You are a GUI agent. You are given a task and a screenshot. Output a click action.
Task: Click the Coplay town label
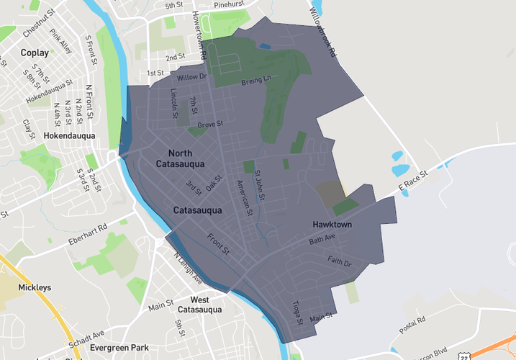(35, 53)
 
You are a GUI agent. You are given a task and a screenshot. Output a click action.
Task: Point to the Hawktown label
(332, 225)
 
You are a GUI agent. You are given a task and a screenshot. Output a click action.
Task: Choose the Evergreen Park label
(118, 348)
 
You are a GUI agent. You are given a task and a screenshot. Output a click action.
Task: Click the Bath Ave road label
(322, 240)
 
